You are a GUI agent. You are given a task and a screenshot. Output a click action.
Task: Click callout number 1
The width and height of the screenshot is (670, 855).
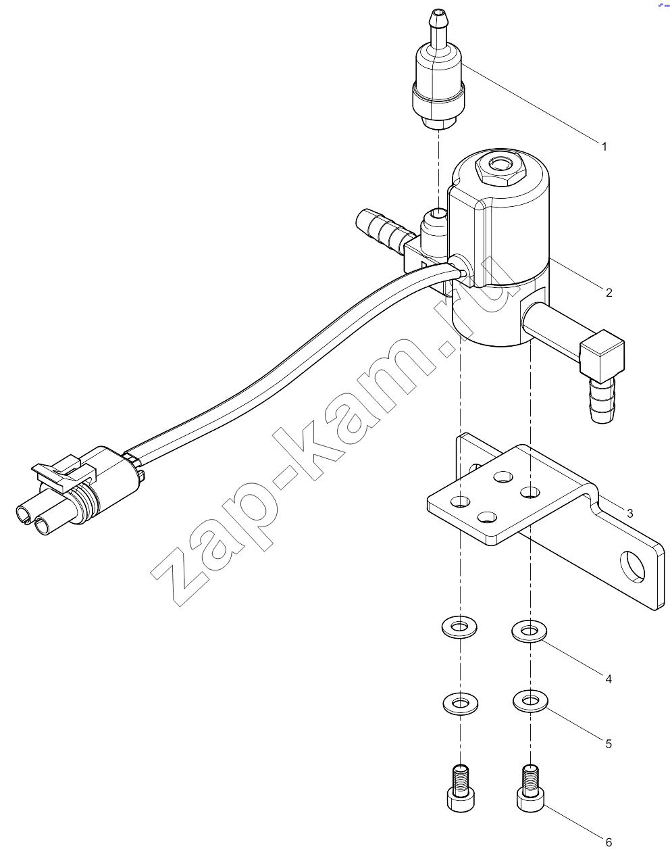tap(604, 147)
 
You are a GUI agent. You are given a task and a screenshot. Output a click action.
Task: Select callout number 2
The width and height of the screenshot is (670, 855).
tap(609, 293)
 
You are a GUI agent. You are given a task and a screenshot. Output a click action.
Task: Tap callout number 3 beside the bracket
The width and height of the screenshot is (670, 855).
tap(629, 514)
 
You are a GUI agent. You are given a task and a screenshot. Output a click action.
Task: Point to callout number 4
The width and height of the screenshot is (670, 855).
tap(609, 679)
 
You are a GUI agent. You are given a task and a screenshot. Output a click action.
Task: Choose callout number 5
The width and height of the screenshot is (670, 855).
tap(609, 744)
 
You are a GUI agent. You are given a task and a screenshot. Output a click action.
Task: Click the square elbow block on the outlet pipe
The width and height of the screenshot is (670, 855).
tap(602, 356)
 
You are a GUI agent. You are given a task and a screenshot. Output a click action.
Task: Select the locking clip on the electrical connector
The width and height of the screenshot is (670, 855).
tap(63, 473)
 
